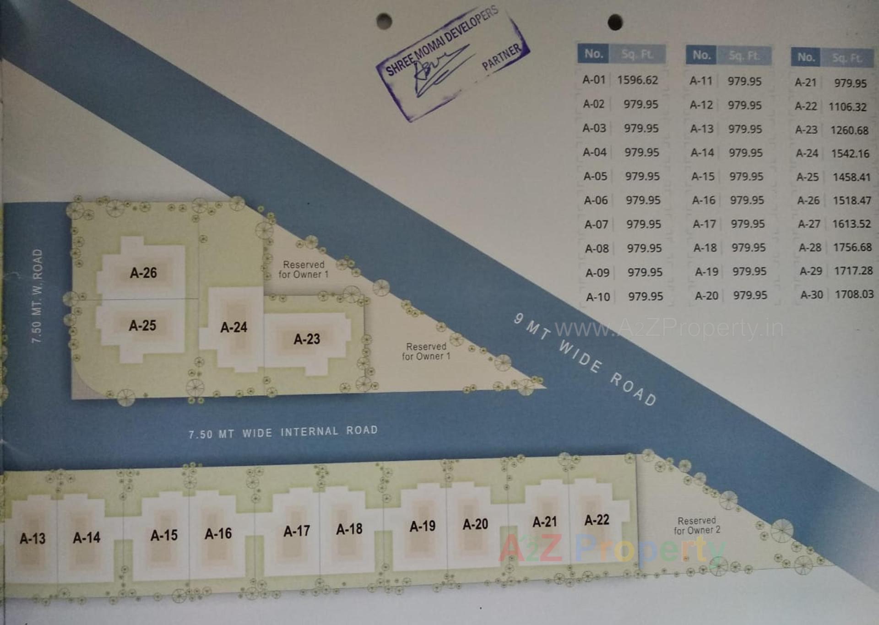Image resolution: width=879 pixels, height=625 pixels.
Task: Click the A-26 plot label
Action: click(143, 273)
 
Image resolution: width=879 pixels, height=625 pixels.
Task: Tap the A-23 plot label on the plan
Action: click(307, 339)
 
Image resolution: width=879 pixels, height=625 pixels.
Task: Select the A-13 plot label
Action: click(33, 539)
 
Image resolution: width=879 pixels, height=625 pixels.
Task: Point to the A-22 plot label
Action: click(597, 520)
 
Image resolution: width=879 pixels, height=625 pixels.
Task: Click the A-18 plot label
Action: click(349, 529)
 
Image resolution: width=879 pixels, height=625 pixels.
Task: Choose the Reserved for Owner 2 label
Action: click(697, 525)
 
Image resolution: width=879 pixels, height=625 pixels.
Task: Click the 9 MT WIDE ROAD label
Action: click(585, 359)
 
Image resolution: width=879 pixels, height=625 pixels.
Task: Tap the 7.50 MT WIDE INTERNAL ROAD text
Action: click(283, 432)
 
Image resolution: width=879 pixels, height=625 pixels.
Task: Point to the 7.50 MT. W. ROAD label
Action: click(37, 296)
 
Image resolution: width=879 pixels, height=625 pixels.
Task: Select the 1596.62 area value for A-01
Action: click(637, 80)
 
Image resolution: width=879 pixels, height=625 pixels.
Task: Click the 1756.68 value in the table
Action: click(852, 248)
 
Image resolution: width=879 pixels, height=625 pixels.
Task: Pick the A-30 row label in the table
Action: click(812, 295)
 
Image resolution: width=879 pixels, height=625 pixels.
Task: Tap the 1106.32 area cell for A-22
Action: click(847, 107)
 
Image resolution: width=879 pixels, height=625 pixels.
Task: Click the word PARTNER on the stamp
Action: click(502, 57)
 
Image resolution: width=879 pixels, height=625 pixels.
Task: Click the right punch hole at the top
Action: click(615, 22)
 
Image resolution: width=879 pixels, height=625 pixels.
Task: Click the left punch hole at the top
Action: click(384, 21)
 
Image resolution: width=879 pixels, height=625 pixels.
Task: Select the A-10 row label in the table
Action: click(598, 297)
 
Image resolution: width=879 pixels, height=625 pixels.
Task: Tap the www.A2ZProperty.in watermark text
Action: click(669, 328)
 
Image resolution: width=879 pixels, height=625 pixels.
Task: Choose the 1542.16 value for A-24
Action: click(850, 154)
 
